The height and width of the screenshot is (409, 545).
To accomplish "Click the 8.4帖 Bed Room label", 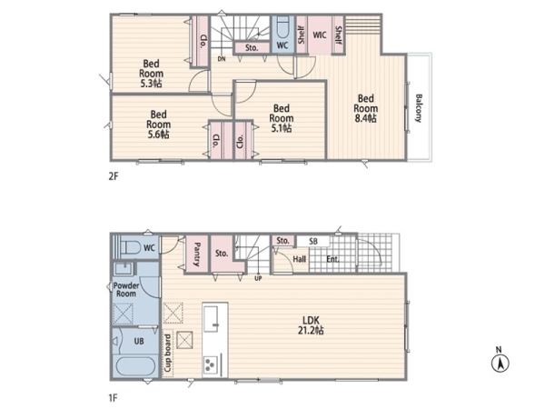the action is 365,108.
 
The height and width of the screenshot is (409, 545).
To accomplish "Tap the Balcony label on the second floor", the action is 419,108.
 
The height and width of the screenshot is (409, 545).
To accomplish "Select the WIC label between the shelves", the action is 320,35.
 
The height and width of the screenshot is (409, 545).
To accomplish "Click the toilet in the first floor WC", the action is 130,247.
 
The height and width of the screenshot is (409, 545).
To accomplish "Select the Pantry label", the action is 196,254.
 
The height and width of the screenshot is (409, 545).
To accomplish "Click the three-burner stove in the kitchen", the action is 211,364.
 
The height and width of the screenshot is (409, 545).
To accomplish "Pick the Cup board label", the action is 167,354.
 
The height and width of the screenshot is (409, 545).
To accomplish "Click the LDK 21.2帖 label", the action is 311,325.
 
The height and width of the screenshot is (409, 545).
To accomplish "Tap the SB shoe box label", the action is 312,241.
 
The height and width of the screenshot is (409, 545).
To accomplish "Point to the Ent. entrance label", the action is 332,259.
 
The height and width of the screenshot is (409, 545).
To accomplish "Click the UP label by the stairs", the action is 258,279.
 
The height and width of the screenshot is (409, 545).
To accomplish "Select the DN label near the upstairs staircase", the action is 222,59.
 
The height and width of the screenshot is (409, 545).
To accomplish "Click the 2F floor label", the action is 114,176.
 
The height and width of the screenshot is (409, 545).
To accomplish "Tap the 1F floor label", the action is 113,397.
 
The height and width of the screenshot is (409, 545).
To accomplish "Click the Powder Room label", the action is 126,290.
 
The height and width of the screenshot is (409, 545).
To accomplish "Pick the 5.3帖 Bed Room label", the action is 151,74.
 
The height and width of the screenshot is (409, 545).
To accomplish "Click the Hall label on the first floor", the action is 299,259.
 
